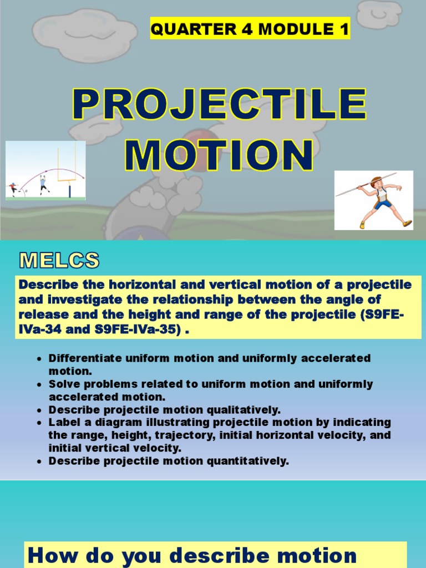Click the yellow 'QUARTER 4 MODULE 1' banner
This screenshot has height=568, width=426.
(250, 29)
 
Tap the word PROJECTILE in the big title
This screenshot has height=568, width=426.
(220, 105)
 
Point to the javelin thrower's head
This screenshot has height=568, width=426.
(377, 182)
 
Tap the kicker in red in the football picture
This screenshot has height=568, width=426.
(13, 189)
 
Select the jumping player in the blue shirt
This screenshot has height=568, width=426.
(42, 184)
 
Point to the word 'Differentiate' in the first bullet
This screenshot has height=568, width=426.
(83, 358)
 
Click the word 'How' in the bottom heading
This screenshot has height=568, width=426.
(52, 555)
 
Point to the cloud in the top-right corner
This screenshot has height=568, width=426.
(379, 13)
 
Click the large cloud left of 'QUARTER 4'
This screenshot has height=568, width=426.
(84, 34)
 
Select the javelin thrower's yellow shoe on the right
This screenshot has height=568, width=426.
(407, 223)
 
